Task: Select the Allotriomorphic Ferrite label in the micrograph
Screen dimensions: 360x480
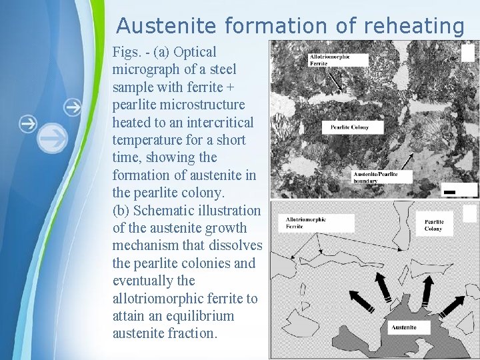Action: click(x=338, y=59)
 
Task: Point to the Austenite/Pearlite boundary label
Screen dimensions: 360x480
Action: click(x=382, y=177)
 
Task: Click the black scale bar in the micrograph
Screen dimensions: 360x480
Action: click(x=449, y=192)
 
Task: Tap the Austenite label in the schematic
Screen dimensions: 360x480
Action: click(x=405, y=327)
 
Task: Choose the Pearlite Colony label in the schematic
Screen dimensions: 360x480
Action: click(x=433, y=225)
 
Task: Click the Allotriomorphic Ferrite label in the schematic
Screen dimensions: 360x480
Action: click(x=305, y=222)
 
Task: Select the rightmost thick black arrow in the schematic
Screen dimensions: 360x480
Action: click(x=452, y=305)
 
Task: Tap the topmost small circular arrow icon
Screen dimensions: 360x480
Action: click(x=72, y=106)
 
